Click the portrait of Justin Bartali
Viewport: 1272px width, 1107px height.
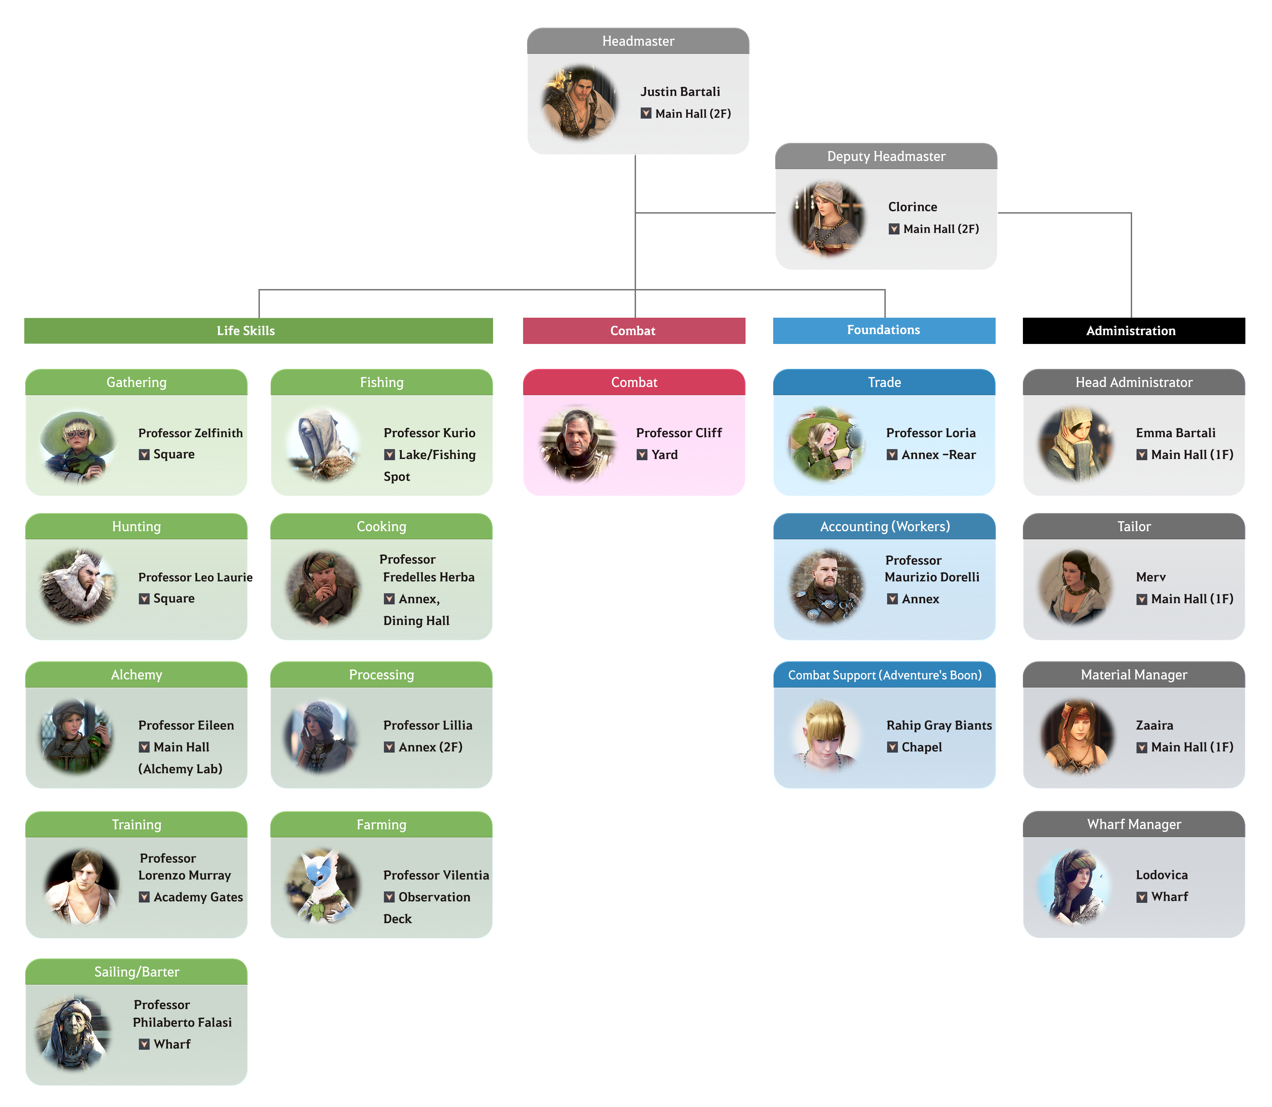(579, 102)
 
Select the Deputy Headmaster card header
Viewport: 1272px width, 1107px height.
(886, 156)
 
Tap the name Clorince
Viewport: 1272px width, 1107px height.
(912, 207)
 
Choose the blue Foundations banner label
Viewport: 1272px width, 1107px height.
(883, 330)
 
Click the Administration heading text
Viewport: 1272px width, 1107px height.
(1130, 330)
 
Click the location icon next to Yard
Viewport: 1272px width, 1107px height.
(642, 455)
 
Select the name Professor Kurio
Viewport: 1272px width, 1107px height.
(429, 433)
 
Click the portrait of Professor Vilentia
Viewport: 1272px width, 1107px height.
(323, 886)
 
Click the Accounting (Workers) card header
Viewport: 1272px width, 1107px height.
(884, 526)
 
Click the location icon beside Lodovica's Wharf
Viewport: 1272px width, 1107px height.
(1142, 897)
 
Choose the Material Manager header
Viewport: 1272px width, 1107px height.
(1133, 674)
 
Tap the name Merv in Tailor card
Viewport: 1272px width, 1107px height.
(1150, 577)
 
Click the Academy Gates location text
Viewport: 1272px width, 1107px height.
(198, 897)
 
